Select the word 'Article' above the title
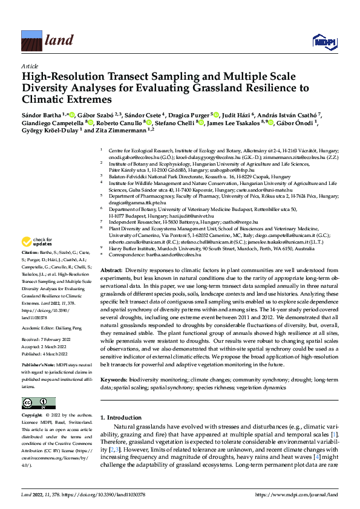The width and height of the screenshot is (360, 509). click(29, 65)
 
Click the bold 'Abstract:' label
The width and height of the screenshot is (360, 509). click(112, 270)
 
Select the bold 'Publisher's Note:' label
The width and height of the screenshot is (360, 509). click(38, 366)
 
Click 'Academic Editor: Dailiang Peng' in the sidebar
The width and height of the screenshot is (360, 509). click(53, 327)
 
